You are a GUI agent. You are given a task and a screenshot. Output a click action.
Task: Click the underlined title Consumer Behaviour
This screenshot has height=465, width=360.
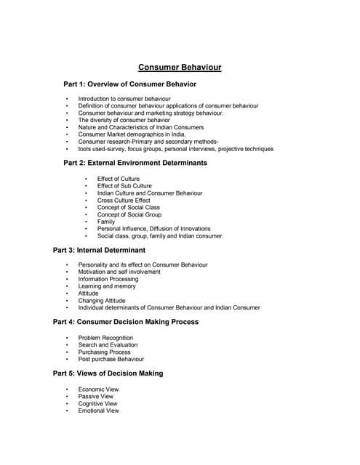pyautogui.click(x=180, y=68)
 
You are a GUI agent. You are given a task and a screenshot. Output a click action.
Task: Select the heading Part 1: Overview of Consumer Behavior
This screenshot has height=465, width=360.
pyautogui.click(x=130, y=84)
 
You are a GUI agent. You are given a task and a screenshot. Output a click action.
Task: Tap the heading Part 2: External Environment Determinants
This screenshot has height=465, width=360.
pyautogui.click(x=135, y=163)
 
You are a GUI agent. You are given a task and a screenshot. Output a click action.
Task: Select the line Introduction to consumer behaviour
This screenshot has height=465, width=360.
pyautogui.click(x=124, y=99)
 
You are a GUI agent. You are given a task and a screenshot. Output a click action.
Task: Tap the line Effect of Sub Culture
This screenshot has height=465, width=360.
pyautogui.click(x=124, y=186)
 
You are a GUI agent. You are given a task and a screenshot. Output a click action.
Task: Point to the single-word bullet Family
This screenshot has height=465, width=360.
pyautogui.click(x=106, y=222)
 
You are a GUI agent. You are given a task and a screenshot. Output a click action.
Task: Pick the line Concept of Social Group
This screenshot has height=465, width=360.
pyautogui.click(x=129, y=214)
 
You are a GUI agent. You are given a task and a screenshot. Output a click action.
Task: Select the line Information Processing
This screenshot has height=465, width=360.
pyautogui.click(x=108, y=279)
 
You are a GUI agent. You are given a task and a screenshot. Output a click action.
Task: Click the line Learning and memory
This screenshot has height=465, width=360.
pyautogui.click(x=107, y=286)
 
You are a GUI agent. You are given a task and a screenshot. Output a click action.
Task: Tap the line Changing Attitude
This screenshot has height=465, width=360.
pyautogui.click(x=102, y=301)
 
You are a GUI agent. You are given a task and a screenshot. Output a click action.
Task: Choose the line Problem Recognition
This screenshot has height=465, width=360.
pyautogui.click(x=105, y=338)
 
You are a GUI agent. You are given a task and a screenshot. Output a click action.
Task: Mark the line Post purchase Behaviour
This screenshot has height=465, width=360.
pyautogui.click(x=111, y=359)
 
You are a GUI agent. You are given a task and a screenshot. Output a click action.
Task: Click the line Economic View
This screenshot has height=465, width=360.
pyautogui.click(x=97, y=389)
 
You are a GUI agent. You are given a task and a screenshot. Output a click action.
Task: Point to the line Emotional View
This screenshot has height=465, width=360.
pyautogui.click(x=98, y=411)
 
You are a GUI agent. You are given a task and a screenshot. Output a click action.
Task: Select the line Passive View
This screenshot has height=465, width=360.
pyautogui.click(x=96, y=397)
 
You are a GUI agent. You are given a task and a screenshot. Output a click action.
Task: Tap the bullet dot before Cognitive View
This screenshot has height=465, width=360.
pyautogui.click(x=67, y=404)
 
